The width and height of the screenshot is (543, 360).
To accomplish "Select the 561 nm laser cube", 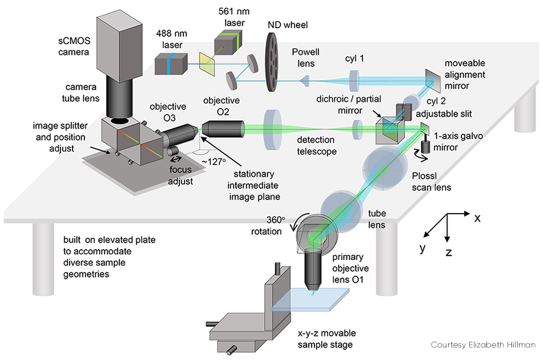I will click(x=229, y=40).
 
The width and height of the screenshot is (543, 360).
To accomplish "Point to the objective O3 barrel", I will click(x=180, y=138).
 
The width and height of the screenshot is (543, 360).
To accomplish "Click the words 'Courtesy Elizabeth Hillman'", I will click(x=483, y=345).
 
